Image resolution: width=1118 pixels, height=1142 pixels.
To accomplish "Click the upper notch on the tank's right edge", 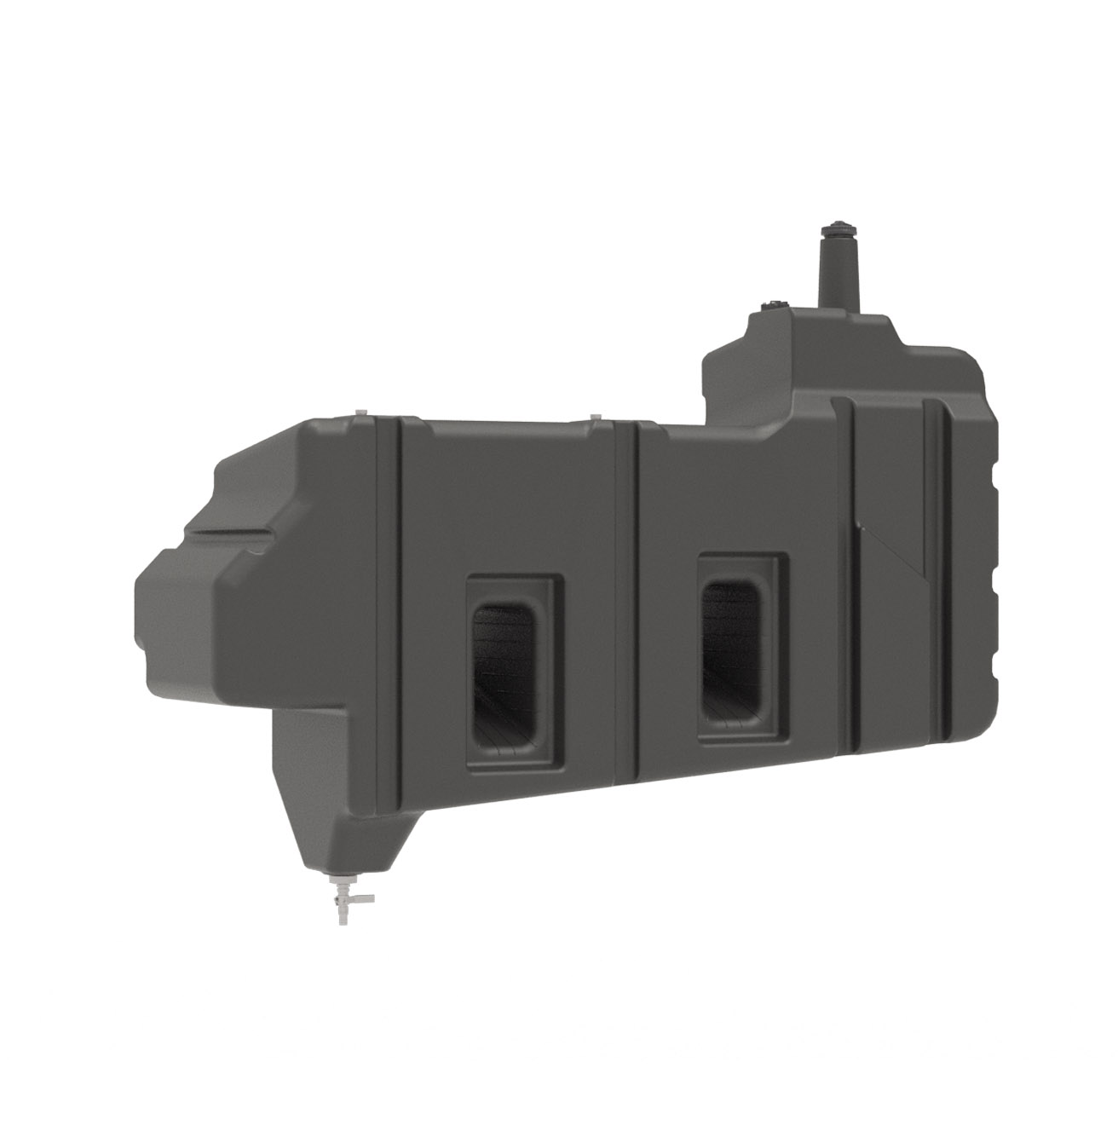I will pyautogui.click(x=993, y=477).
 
